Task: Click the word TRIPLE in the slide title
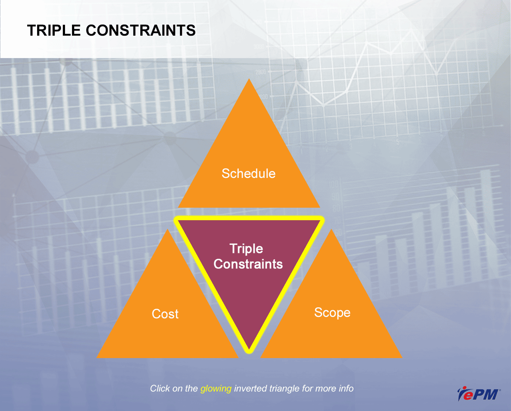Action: click(54, 31)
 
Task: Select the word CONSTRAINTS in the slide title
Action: click(141, 31)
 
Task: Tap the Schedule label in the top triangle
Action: click(249, 173)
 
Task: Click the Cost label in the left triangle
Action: click(165, 314)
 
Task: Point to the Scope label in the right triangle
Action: click(332, 313)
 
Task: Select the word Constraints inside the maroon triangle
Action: click(248, 264)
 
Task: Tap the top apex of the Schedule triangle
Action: click(249, 79)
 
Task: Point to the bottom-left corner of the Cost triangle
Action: click(97, 358)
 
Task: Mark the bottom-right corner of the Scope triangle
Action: click(402, 358)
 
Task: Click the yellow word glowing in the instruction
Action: click(216, 389)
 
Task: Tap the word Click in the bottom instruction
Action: click(160, 389)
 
